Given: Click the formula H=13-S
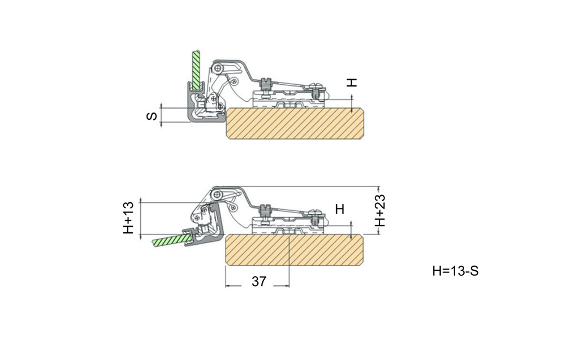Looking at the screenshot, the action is (455, 271).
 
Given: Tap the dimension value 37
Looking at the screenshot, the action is (259, 281).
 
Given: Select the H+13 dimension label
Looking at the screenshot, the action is (128, 218).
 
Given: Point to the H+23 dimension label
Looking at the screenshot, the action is (380, 210).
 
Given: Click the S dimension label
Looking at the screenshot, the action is (152, 116).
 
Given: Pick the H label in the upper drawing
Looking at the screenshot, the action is (352, 83).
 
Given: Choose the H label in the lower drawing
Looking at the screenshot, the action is (340, 209).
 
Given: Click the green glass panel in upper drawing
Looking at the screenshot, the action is (196, 70).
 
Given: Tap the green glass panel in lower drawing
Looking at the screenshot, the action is (171, 240).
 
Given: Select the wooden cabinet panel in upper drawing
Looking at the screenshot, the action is (295, 123).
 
